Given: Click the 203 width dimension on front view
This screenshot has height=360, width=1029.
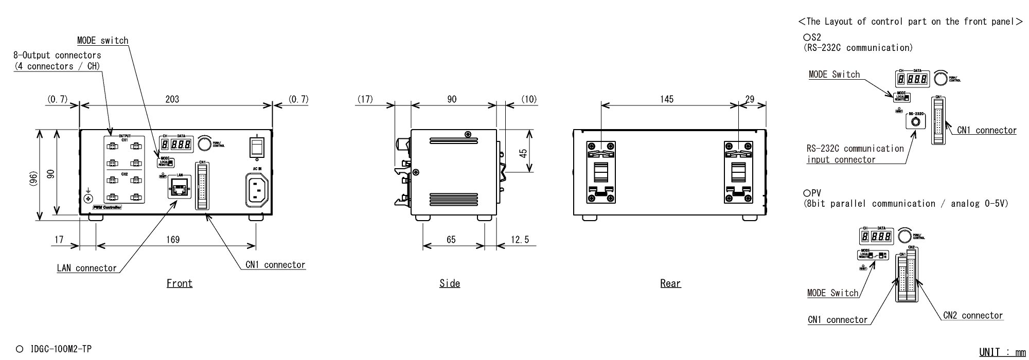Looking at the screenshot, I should tap(172, 99).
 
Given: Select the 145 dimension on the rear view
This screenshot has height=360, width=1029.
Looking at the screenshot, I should tap(667, 99).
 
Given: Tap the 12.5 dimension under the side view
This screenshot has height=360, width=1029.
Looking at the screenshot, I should tap(520, 240).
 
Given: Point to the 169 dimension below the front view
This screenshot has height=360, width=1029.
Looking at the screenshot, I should tap(173, 240).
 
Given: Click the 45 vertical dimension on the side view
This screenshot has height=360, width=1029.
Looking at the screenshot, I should tap(523, 153).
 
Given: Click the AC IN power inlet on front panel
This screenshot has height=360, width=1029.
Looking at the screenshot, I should tap(257, 189).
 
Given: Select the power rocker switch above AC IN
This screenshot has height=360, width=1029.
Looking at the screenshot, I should tap(256, 146).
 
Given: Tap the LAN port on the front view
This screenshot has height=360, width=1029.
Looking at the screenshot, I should tap(178, 189).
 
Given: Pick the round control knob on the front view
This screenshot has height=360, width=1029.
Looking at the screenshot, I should tap(205, 144).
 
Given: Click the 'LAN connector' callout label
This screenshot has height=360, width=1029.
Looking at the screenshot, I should tap(86, 268).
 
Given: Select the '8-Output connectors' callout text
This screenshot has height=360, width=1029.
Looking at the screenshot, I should tap(57, 56).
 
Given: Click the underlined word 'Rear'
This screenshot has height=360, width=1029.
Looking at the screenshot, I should tap(670, 283).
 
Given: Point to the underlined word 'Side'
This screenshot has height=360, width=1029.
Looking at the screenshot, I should tap(450, 283).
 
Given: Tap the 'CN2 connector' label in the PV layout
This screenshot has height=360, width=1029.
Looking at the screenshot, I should tap(973, 316).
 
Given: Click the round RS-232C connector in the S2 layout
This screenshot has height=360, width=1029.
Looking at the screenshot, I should tap(915, 122).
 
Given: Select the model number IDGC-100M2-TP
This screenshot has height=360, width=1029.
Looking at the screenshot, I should tap(61, 349).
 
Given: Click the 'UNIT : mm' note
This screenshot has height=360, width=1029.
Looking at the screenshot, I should tap(1002, 352).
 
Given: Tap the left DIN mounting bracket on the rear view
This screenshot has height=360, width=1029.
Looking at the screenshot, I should tap(601, 172).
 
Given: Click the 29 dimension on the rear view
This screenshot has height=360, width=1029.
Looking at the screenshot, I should tap(750, 99).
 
